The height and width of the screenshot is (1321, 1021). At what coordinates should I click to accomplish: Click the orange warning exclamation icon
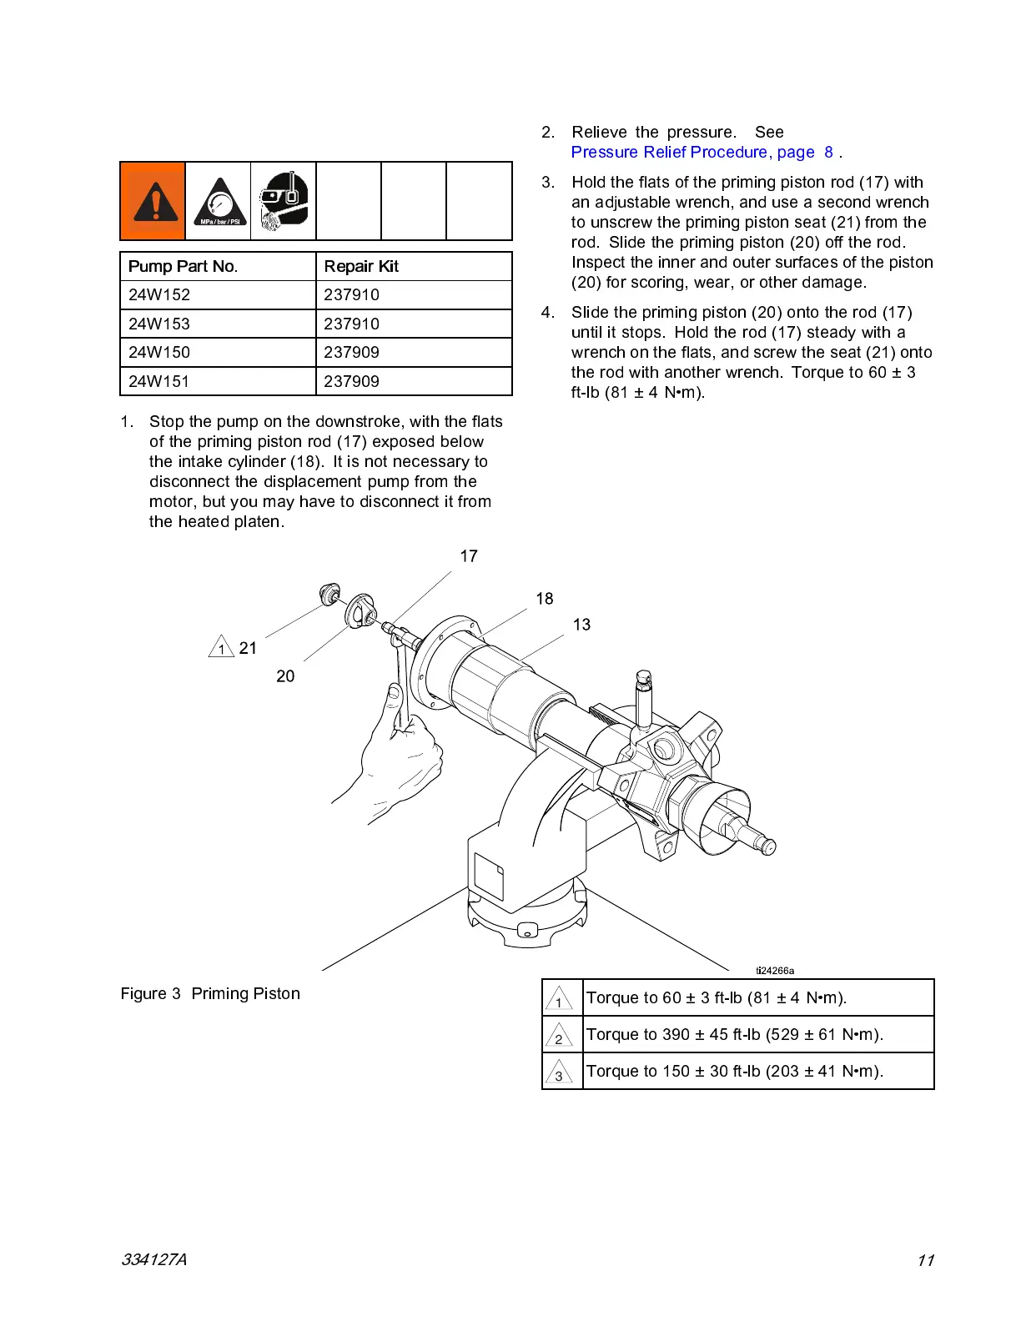(x=153, y=201)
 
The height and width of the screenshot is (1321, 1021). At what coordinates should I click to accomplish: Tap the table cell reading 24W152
(x=159, y=294)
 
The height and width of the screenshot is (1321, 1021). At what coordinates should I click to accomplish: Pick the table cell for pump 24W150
(x=159, y=352)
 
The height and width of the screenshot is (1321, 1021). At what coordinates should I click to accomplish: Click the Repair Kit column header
(x=361, y=266)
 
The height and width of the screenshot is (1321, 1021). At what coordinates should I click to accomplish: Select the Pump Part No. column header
(x=183, y=266)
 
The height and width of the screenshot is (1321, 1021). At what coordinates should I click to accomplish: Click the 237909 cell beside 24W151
(x=351, y=381)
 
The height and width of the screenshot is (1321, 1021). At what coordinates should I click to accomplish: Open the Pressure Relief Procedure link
(x=692, y=153)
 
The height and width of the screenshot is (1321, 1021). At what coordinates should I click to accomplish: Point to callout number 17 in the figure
(x=469, y=556)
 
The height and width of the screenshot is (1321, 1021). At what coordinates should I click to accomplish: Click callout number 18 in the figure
(x=545, y=599)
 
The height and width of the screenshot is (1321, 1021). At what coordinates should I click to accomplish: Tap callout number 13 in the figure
(x=581, y=625)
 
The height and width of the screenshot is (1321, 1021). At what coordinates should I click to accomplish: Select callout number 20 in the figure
(x=285, y=676)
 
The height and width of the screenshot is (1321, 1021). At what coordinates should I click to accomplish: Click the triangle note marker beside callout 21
(x=221, y=647)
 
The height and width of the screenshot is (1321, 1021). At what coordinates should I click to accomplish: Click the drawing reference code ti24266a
(x=775, y=971)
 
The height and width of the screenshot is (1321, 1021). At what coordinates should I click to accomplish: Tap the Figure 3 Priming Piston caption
(x=210, y=993)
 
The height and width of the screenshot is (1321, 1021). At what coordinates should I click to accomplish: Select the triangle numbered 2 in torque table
(x=559, y=1036)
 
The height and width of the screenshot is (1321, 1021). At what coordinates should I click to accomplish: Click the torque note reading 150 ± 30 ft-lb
(x=734, y=1072)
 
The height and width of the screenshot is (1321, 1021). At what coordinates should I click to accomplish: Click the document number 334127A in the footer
(x=154, y=1260)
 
